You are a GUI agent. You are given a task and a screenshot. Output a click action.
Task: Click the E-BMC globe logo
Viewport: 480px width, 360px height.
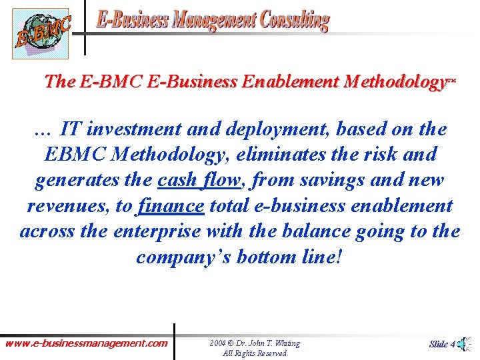pos(41,33)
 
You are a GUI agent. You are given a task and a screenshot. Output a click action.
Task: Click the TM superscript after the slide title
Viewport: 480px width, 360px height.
pos(452,79)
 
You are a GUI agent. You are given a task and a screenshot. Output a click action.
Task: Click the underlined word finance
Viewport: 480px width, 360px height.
pos(170,206)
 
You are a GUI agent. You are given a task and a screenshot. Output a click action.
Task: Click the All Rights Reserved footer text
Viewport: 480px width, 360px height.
pos(254,353)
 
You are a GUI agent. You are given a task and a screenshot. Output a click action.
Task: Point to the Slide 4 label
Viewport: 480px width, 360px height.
pos(442,344)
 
